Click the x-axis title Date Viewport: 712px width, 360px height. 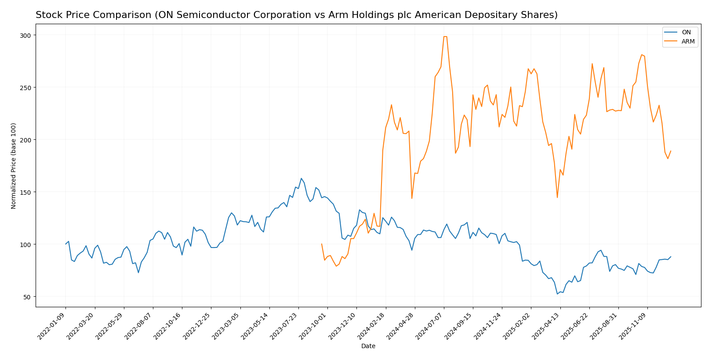tap(368, 346)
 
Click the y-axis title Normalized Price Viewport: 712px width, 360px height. tap(14, 166)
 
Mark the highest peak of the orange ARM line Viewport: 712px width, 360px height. tap(445, 36)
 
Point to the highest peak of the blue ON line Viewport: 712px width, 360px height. tap(301, 178)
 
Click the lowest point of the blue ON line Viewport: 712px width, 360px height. tap(557, 294)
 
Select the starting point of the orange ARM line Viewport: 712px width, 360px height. tap(322, 244)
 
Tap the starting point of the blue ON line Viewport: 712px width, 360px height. tap(66, 244)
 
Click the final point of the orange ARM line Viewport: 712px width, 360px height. tap(670, 151)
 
